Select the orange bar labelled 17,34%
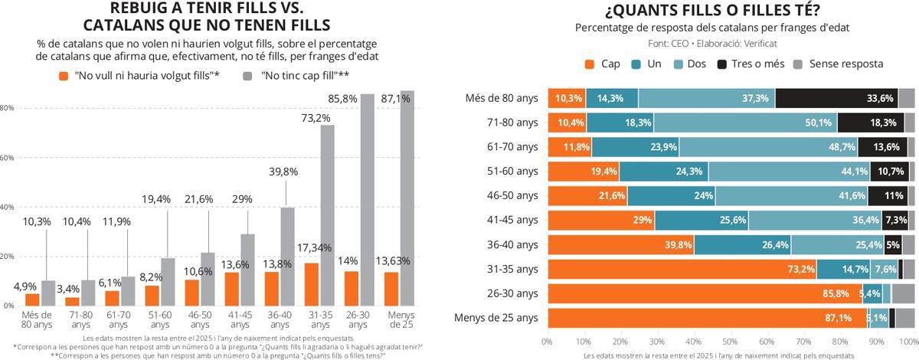click(x=312, y=283)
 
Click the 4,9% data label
click(x=25, y=286)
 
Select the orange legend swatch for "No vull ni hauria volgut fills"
click(x=64, y=76)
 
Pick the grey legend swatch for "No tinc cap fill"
click(x=247, y=76)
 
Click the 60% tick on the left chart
click(x=7, y=158)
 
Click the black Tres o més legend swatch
click(x=721, y=64)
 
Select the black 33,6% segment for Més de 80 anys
click(x=836, y=98)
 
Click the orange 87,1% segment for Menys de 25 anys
click(x=706, y=318)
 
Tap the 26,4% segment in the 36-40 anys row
click(x=742, y=245)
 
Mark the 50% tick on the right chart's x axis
click(x=730, y=340)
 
